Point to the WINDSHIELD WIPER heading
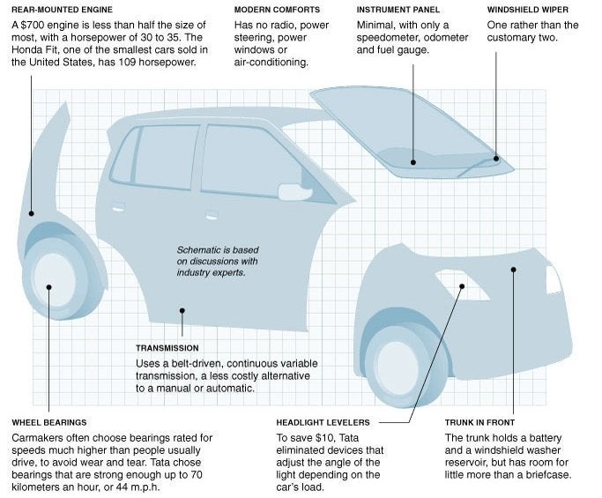[x=530, y=10]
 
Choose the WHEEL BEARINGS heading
[x=49, y=422]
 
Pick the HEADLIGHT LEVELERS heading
[x=323, y=422]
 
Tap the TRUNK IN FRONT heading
[x=479, y=422]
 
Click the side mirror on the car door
[x=290, y=191]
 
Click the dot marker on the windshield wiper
[x=496, y=160]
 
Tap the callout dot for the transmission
[x=182, y=309]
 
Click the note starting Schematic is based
[x=217, y=261]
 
